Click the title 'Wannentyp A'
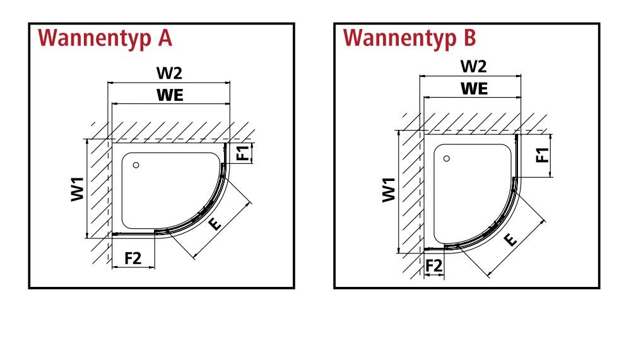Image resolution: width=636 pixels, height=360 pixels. click(105, 39)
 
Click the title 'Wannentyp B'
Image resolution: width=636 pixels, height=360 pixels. click(409, 39)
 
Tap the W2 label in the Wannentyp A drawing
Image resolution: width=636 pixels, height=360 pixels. click(169, 73)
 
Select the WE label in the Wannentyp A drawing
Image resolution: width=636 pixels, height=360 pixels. click(170, 95)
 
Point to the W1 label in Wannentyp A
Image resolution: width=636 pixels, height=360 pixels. click(78, 189)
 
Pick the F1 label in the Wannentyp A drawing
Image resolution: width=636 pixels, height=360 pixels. click(243, 153)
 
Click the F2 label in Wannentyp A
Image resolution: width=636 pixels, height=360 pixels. click(132, 258)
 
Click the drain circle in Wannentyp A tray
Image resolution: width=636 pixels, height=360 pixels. click(136, 165)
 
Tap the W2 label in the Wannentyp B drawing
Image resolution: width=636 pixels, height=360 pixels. click(473, 66)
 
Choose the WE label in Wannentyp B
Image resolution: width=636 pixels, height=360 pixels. click(474, 88)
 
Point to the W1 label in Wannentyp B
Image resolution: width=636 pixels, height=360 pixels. click(389, 189)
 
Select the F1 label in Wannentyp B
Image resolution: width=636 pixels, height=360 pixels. click(543, 155)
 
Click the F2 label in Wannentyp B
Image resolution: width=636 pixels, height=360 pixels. click(433, 266)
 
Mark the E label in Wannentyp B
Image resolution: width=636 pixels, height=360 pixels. click(510, 240)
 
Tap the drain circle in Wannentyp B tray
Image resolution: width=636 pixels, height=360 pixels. click(447, 158)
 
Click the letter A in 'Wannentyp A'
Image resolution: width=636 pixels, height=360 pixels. click(165, 38)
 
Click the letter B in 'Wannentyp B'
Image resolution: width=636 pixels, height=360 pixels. click(469, 38)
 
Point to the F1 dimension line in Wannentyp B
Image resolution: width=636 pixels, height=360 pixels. click(550, 156)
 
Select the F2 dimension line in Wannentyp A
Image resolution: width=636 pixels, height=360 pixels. click(134, 267)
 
